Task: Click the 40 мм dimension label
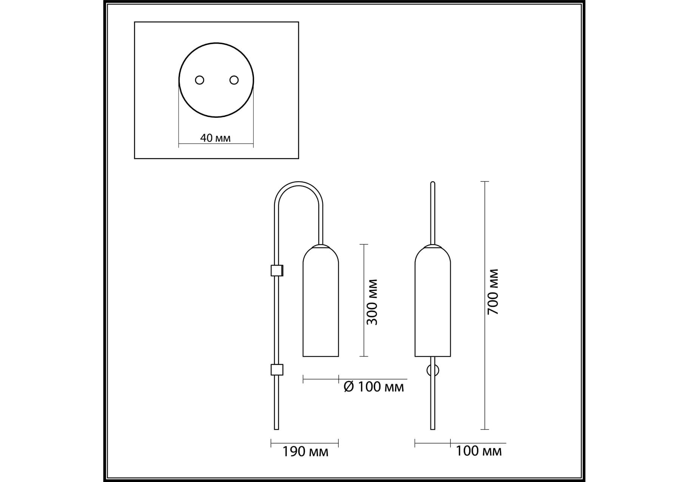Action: [215, 138]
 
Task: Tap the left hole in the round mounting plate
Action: [199, 80]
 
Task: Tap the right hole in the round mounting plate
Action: [234, 80]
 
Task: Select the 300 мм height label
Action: [372, 302]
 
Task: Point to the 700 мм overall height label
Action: [493, 292]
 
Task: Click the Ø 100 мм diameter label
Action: [374, 387]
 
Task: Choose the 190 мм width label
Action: [305, 451]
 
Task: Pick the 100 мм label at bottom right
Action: [478, 451]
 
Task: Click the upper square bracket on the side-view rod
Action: [277, 270]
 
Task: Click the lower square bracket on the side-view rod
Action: [277, 370]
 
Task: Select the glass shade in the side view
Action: [321, 300]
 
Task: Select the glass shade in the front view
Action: [433, 300]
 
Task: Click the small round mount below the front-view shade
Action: [433, 370]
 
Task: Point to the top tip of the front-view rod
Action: [433, 182]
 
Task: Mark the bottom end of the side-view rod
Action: [277, 429]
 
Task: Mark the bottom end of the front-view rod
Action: [433, 429]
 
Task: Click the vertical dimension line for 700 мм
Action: [485, 305]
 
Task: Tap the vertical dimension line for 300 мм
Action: [364, 300]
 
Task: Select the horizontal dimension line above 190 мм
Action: [305, 443]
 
